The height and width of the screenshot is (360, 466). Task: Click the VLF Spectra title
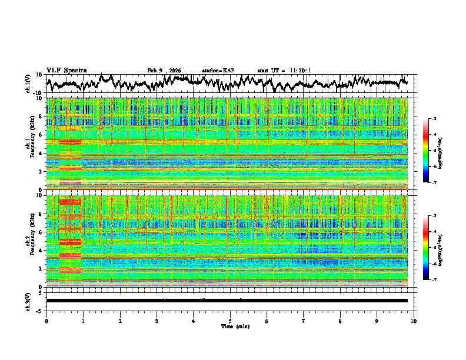[x=66, y=70]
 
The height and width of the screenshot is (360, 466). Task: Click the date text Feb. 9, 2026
[x=164, y=71]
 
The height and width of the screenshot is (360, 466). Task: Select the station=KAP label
[x=218, y=71]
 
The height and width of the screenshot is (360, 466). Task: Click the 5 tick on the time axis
[x=230, y=321]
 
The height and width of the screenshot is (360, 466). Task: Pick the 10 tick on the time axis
[x=414, y=321]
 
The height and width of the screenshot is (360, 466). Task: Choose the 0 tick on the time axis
[x=46, y=321]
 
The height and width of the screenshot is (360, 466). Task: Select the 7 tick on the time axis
[x=304, y=321]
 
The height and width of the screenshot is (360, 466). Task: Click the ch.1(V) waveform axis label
[x=28, y=84]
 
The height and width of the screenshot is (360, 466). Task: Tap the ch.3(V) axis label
[x=28, y=301]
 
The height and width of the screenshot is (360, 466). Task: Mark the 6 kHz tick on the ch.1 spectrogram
[x=41, y=135]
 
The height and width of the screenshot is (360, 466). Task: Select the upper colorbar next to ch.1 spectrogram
[x=432, y=151]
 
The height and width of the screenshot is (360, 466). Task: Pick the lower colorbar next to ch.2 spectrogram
[x=432, y=248]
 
